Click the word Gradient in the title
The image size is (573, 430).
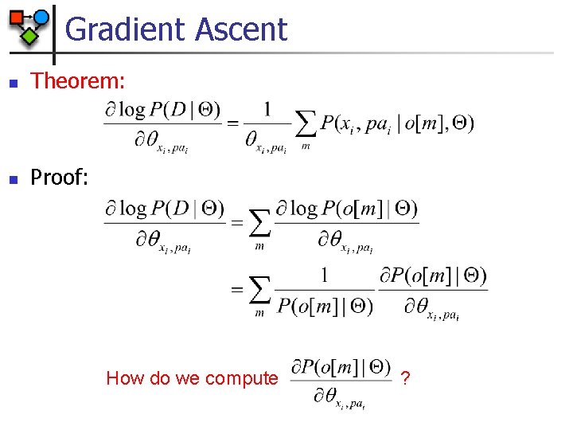pos(121,29)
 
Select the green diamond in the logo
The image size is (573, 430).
pos(30,35)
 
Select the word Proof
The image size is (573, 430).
pos(59,178)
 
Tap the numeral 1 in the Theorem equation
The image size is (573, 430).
pos(267,108)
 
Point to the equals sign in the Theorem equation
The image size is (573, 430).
pos(234,123)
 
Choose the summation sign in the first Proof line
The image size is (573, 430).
pos(259,224)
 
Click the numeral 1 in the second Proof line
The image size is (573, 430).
pos(324,276)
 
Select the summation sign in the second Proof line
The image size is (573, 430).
pos(259,291)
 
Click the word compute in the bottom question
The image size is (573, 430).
pos(241,378)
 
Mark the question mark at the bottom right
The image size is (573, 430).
pos(406,378)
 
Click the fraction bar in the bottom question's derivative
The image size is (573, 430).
pos(341,380)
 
